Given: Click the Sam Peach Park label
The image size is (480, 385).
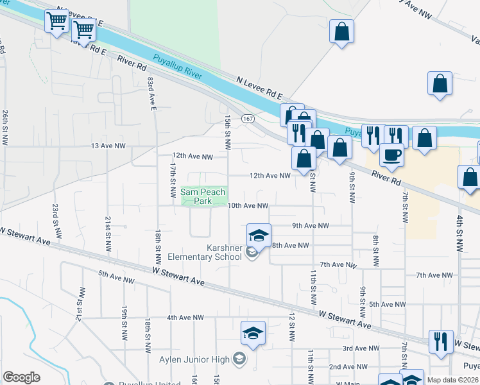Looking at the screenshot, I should pyautogui.click(x=196, y=196).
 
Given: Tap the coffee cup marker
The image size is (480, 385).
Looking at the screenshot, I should pyautogui.click(x=391, y=154).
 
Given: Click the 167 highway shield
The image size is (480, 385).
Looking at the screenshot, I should pyautogui.click(x=248, y=119).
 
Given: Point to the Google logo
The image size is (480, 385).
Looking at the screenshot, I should pyautogui.click(x=21, y=377).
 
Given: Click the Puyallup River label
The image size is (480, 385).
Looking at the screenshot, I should pyautogui.click(x=177, y=67).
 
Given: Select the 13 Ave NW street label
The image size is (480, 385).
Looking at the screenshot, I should pyautogui.click(x=108, y=146).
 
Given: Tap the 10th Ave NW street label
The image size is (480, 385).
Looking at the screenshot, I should pyautogui.click(x=248, y=206).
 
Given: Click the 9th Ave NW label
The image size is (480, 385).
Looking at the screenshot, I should pyautogui.click(x=310, y=226).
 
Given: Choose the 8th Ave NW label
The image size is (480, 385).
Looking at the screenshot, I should pyautogui.click(x=291, y=245).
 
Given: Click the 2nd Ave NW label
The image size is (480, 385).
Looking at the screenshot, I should pyautogui.click(x=348, y=366).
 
